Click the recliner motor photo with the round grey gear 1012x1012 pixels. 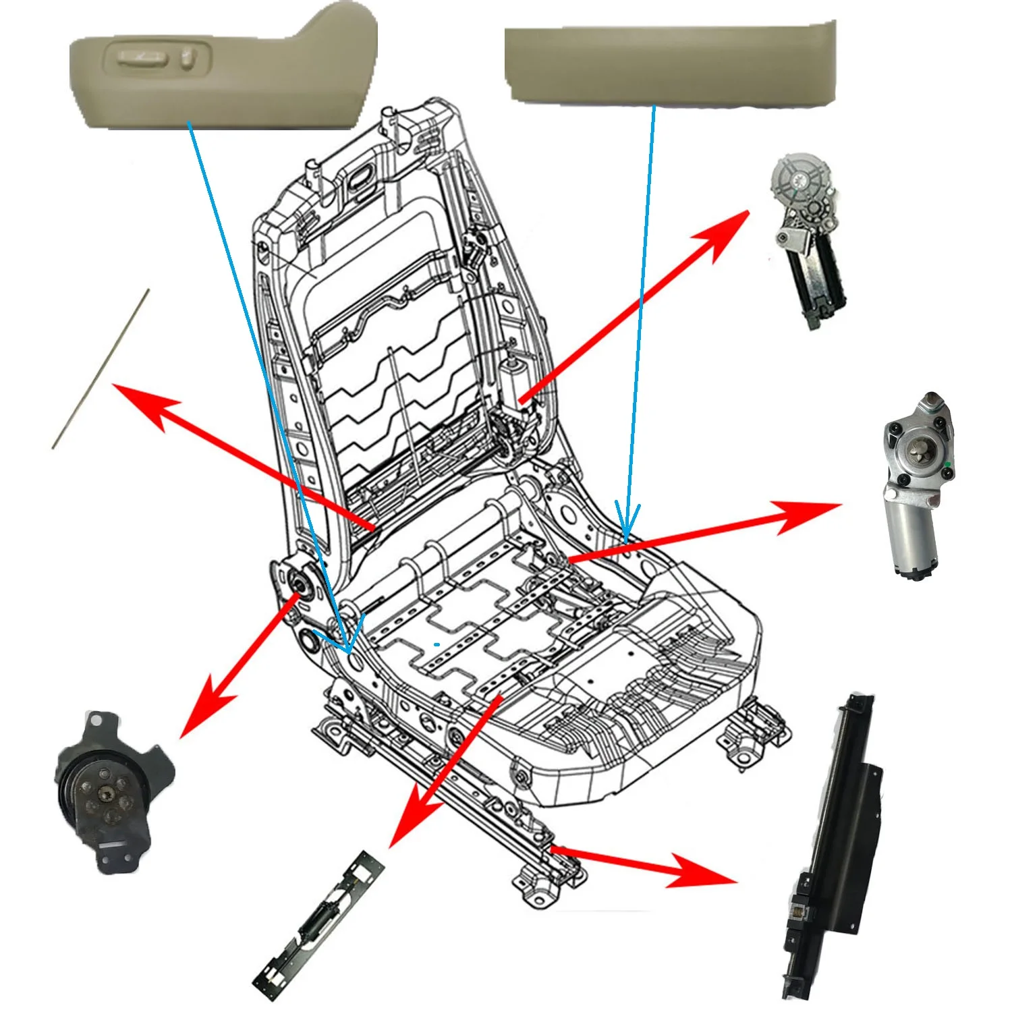(806, 236)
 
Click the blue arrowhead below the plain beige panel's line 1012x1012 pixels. (627, 523)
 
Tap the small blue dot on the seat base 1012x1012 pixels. (437, 644)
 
